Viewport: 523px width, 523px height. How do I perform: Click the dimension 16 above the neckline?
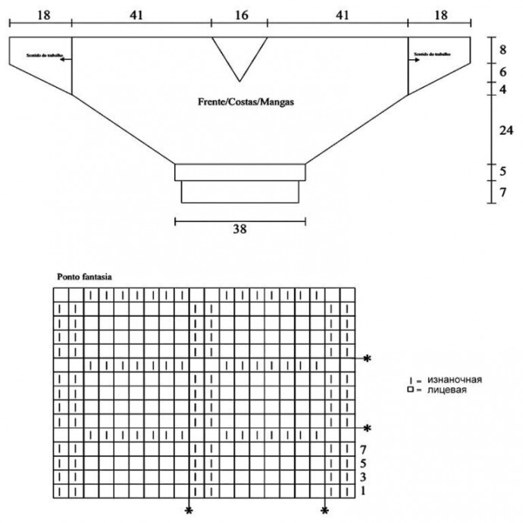pos(239,14)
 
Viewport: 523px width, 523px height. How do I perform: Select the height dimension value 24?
pos(503,130)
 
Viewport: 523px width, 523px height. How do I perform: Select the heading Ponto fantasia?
pos(85,277)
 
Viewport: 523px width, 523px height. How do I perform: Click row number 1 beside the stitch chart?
pos(364,490)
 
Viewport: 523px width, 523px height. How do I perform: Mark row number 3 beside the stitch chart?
pos(364,477)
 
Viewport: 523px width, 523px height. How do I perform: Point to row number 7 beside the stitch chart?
pos(364,449)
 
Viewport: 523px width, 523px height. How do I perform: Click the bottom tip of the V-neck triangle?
pos(240,81)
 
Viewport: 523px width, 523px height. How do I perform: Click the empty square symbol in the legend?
pos(409,390)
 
